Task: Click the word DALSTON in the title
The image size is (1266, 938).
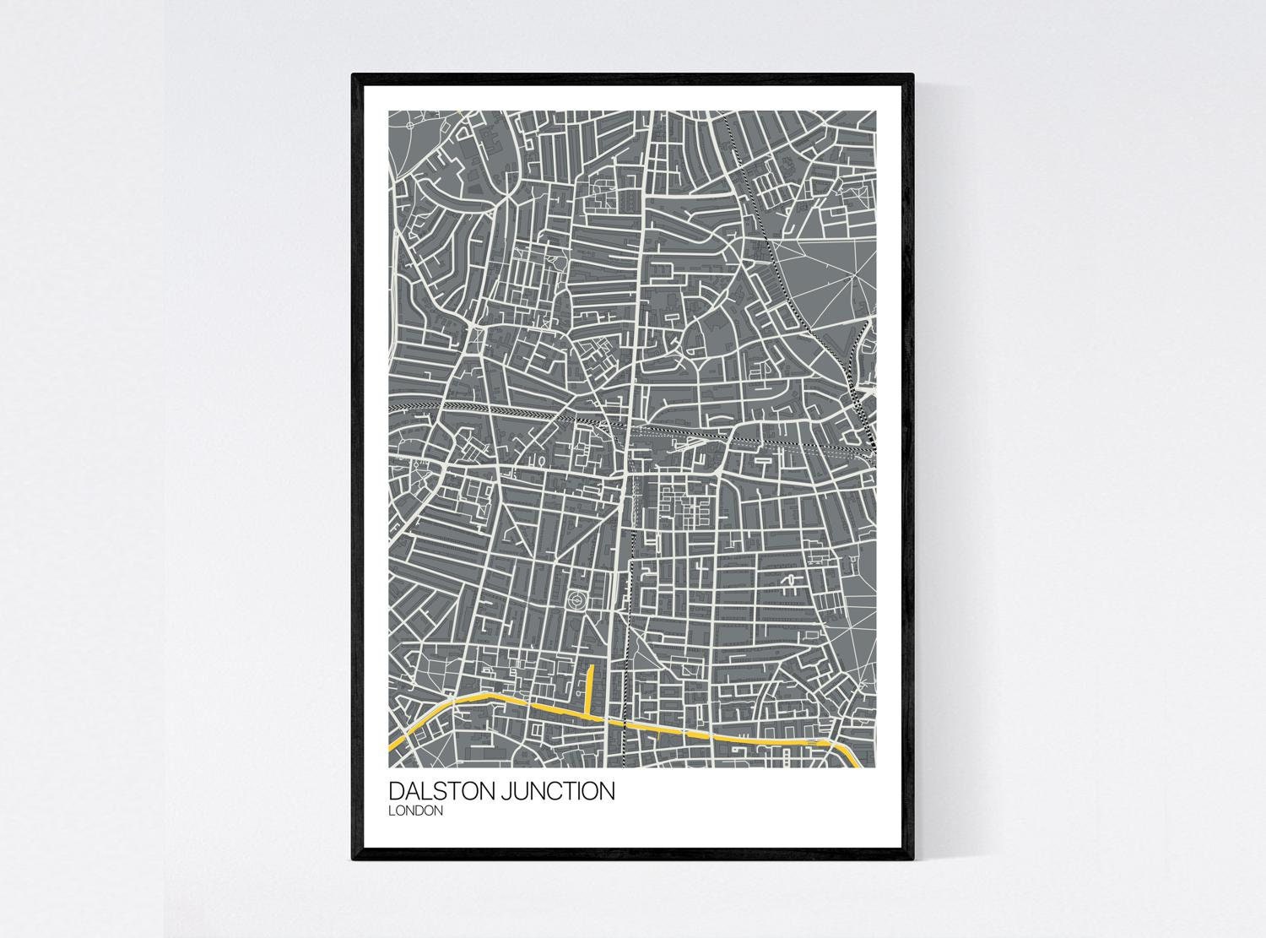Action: [443, 792]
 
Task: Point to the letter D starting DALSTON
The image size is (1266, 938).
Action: [396, 792]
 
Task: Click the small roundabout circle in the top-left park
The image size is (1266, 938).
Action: [409, 125]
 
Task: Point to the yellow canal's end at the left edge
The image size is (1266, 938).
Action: [390, 748]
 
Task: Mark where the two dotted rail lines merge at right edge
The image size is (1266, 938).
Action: [869, 439]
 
